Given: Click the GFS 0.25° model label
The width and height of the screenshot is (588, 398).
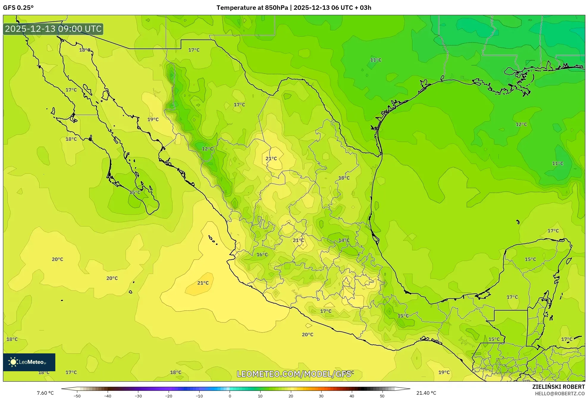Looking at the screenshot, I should click(18, 8).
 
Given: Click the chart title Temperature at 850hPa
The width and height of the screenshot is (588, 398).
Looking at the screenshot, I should click(252, 8).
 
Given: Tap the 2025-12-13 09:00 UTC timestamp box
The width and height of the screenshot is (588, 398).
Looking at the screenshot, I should click(53, 29).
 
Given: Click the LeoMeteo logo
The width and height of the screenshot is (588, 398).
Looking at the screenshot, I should click(29, 362).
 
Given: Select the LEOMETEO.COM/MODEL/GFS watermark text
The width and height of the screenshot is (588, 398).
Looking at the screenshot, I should click(294, 374).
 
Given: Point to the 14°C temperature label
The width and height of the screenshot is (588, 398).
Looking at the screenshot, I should click(344, 240).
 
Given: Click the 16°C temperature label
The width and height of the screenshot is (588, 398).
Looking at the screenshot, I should click(262, 255).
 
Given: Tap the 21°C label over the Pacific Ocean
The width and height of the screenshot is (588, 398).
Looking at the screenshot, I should click(203, 283).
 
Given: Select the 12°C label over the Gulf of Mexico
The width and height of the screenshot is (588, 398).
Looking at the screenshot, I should click(521, 124).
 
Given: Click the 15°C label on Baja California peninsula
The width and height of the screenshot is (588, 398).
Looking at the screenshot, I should click(135, 192).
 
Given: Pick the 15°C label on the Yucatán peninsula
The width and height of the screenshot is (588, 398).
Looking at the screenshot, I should click(530, 259).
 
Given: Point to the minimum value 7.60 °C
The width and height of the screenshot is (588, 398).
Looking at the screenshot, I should click(45, 393).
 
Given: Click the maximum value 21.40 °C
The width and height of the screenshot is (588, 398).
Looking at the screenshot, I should click(426, 393).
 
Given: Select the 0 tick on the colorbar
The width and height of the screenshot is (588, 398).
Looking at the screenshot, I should click(230, 396).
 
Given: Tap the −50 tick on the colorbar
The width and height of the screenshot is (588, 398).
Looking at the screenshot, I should click(77, 396).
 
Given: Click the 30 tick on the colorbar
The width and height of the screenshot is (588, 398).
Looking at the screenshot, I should click(321, 396).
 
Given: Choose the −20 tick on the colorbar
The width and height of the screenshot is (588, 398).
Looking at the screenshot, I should click(169, 396).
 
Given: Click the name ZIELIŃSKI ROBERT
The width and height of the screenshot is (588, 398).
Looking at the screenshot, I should click(558, 387).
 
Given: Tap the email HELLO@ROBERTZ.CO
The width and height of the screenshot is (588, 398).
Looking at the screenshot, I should click(560, 394).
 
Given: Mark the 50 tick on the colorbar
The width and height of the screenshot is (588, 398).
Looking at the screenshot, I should click(382, 396).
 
